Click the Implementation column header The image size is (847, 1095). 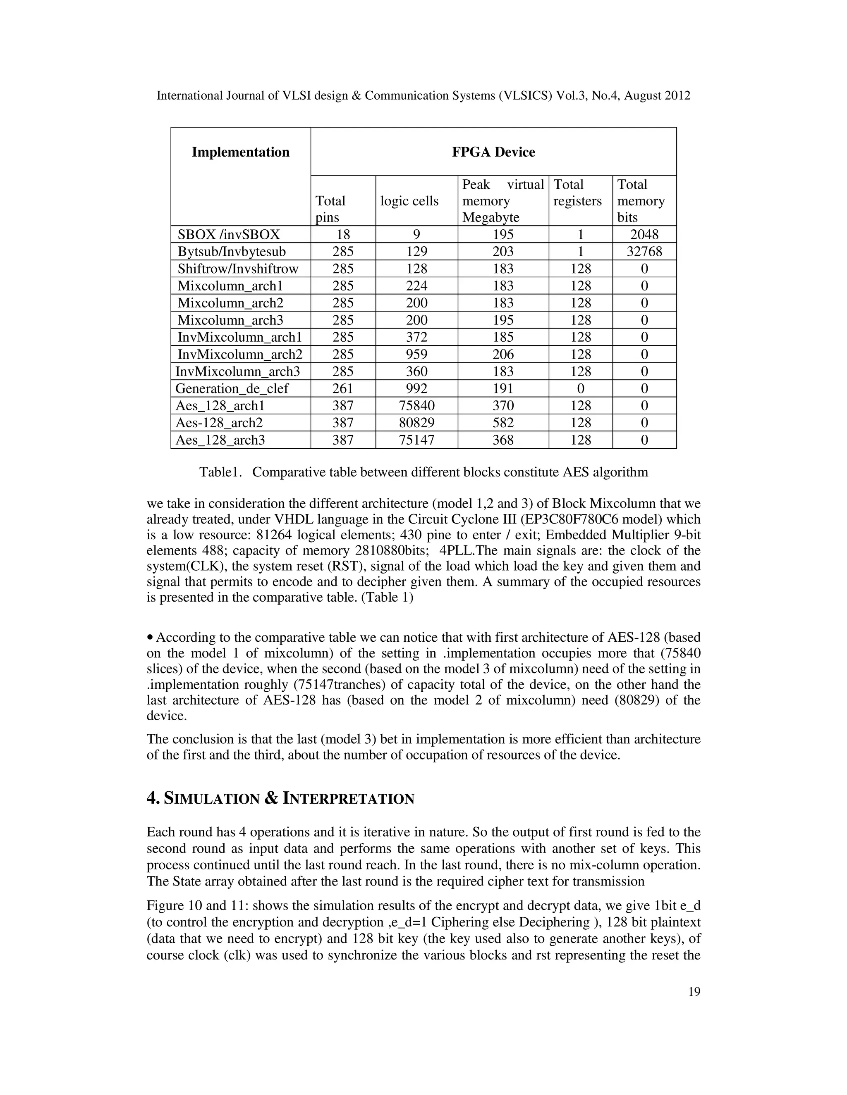point(240,152)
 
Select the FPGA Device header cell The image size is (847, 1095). point(493,152)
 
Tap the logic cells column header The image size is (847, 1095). point(409,201)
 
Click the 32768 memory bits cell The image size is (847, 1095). point(644,252)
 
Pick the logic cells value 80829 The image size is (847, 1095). point(416,423)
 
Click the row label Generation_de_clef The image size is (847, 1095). point(232,388)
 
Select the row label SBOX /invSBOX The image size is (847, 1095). point(229,235)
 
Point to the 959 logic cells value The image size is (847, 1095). point(416,355)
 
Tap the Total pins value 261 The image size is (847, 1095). point(343,388)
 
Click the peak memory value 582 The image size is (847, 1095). point(503,423)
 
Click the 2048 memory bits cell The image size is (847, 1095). point(644,235)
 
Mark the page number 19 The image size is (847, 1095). point(694,992)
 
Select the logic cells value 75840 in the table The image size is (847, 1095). point(416,406)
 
